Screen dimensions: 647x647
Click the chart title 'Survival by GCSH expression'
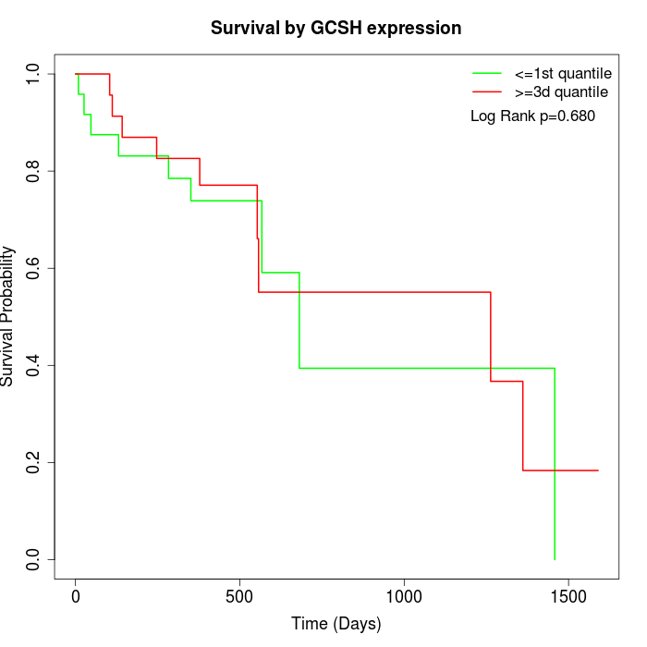tap(336, 29)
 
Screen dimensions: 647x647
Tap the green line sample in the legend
tap(487, 73)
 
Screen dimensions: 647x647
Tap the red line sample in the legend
tap(487, 92)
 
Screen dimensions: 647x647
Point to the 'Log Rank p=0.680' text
tap(532, 116)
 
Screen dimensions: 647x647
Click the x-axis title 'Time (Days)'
tap(336, 624)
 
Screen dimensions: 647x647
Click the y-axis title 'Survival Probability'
tap(8, 315)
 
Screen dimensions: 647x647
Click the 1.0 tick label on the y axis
tap(33, 74)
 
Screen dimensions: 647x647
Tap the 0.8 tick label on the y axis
tap(33, 171)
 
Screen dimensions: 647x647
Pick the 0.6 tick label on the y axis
tap(33, 268)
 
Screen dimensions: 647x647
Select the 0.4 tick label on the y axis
tap(33, 365)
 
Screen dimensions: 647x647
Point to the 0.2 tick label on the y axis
tap(33, 462)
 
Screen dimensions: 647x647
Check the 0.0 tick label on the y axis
tap(33, 559)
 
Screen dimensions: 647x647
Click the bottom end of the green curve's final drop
tap(555, 559)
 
